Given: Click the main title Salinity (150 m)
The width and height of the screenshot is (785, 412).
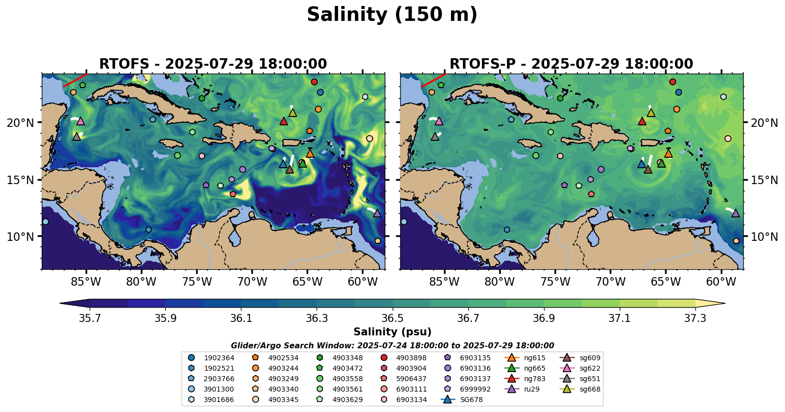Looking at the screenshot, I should (x=392, y=15).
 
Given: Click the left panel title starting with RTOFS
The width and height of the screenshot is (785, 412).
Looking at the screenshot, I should (x=213, y=64).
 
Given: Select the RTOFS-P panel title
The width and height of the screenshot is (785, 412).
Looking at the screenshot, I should (x=571, y=64).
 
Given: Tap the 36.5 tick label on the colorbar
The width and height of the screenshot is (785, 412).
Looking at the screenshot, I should (x=392, y=318).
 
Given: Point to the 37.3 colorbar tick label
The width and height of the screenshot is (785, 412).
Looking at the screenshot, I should (x=695, y=318).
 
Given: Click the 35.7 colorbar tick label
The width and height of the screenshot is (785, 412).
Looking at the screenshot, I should (x=90, y=318).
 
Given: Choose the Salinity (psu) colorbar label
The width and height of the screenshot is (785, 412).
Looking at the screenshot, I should (x=392, y=332).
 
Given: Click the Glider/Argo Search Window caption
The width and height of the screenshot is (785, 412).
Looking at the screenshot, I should (x=392, y=345).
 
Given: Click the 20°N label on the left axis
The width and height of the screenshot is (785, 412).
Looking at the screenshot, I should (x=20, y=123).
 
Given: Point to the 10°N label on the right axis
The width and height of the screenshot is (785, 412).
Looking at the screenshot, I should (x=764, y=237).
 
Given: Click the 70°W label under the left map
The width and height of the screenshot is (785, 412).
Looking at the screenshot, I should (x=252, y=282).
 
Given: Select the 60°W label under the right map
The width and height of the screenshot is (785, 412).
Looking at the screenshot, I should (x=721, y=282).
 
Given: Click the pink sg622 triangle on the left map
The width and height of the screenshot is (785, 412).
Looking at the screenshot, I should (x=81, y=121).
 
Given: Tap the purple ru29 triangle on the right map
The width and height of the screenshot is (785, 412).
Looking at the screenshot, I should (x=736, y=213).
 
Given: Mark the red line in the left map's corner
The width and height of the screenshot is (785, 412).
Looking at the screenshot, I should (x=75, y=80).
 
